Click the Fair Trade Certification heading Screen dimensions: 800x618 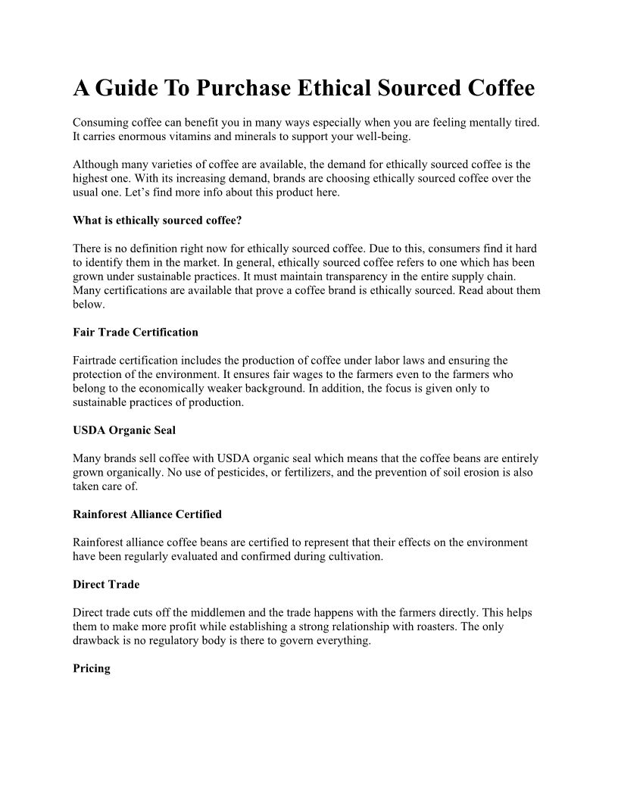click(x=136, y=332)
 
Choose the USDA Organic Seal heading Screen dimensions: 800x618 click(x=124, y=430)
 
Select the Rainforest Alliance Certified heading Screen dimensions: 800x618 click(x=147, y=514)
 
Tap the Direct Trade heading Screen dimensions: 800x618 click(x=106, y=585)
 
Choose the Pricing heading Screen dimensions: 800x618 click(x=92, y=668)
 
